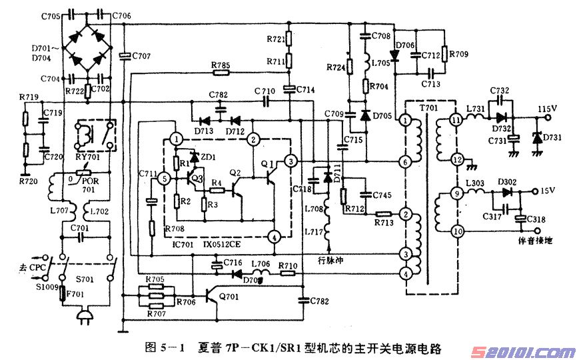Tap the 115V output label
547,107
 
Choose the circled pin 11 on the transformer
456,121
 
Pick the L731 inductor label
475,108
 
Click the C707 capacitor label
141,56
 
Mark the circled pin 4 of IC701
272,237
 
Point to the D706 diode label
406,45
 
